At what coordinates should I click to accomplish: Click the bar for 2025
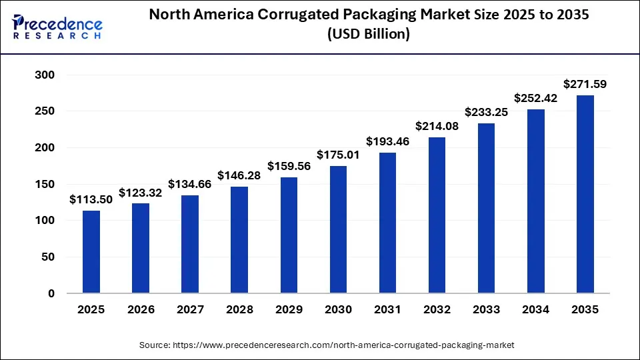point(91,252)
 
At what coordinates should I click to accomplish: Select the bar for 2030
point(338,229)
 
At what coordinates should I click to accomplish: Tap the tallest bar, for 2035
point(585,194)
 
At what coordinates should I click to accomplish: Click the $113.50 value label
point(91,199)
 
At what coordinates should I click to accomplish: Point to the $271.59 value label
point(585,84)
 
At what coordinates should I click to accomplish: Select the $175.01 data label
point(338,155)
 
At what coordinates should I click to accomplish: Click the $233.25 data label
point(486,112)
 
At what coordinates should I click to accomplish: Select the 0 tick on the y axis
point(51,293)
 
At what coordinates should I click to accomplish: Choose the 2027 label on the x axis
point(190,310)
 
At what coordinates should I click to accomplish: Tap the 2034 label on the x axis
point(535,310)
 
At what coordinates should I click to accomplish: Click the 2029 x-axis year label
point(289,310)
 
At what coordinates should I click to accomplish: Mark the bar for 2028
point(239,240)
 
